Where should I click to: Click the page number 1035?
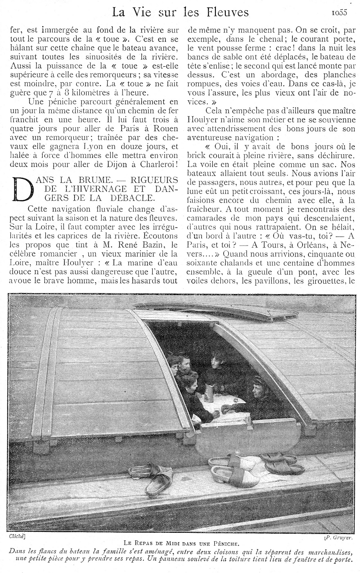point(339,12)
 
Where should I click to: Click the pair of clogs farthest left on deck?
point(152,476)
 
